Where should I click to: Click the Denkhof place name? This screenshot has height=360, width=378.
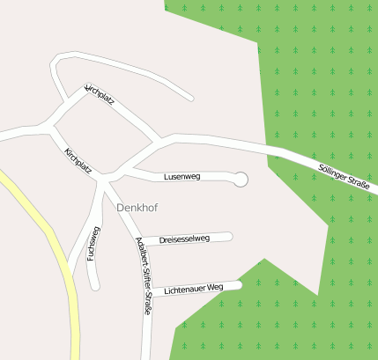(136, 207)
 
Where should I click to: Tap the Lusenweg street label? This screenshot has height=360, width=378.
(182, 177)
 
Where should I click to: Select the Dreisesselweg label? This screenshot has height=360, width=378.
(184, 239)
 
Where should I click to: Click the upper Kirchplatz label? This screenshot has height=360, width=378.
(100, 95)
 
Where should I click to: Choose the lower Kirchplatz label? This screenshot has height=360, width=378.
(78, 160)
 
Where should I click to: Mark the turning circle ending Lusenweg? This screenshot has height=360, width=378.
(241, 179)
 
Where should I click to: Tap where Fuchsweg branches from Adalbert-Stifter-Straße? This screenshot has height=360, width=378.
(104, 180)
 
